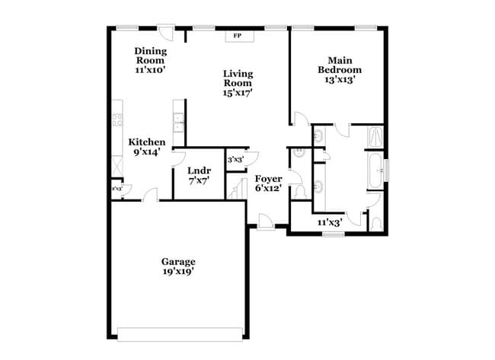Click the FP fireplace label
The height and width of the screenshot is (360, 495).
237,36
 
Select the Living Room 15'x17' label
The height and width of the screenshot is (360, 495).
238,83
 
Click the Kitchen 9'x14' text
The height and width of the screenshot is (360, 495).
146,146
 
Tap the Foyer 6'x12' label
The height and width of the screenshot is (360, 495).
268,183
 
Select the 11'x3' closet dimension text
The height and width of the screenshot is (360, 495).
329,222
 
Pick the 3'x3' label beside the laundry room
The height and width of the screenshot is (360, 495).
236,160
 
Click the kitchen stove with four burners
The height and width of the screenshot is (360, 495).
118,119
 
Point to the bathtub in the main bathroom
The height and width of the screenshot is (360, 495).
375,171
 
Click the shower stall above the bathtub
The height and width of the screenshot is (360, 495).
375,138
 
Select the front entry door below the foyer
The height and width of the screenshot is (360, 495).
266,222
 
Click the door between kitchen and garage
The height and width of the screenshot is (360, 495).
151,196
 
